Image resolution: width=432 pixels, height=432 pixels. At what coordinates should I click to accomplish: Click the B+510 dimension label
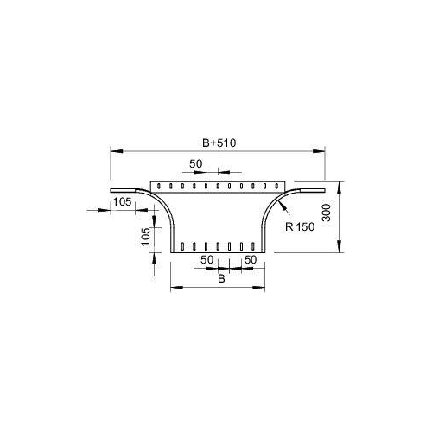pyautogui.click(x=219, y=143)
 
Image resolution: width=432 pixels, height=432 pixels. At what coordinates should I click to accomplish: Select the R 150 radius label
pyautogui.click(x=300, y=227)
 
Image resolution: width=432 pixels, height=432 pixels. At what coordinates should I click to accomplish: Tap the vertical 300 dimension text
pyautogui.click(x=327, y=213)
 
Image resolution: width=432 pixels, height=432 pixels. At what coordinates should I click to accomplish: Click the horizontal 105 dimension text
pyautogui.click(x=122, y=202)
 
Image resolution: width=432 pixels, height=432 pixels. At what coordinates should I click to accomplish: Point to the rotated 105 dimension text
pyautogui.click(x=146, y=236)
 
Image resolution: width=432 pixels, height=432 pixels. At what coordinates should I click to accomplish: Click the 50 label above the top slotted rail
pyautogui.click(x=196, y=164)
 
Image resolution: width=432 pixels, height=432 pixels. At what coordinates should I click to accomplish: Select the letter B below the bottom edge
pyautogui.click(x=221, y=279)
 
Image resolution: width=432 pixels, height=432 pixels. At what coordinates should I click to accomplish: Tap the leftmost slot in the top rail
pyautogui.click(x=159, y=186)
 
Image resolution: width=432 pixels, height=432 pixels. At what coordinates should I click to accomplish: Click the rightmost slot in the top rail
pyautogui.click(x=276, y=186)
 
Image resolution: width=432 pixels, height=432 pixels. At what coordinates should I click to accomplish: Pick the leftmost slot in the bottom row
pyautogui.click(x=182, y=246)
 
